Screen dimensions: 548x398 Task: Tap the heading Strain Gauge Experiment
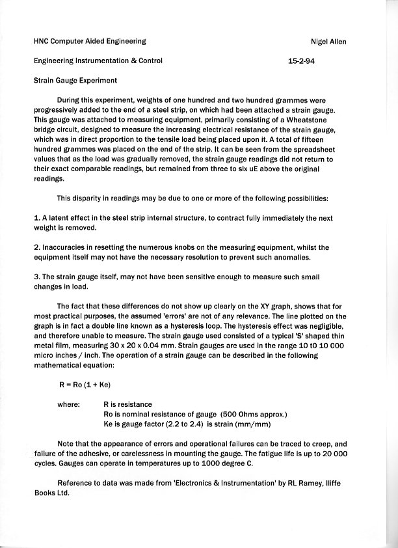75,81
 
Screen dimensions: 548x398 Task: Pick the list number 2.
36,247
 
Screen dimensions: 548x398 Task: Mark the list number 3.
36,277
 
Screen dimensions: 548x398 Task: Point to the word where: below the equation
68,404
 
